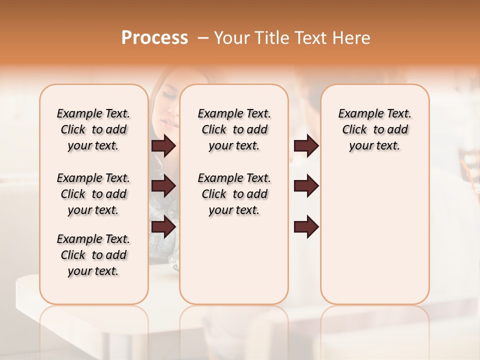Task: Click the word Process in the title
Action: click(x=154, y=38)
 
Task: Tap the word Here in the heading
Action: click(x=351, y=38)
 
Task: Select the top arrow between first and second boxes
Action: click(x=163, y=146)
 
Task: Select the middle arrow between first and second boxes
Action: click(x=163, y=186)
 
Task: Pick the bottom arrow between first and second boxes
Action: click(x=163, y=226)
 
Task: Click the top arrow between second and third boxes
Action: click(x=306, y=146)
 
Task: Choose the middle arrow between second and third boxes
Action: click(x=306, y=186)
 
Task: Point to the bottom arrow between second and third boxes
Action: click(x=306, y=226)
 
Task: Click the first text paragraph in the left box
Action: click(x=93, y=129)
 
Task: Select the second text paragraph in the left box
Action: click(x=93, y=194)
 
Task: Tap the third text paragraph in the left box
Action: click(x=93, y=255)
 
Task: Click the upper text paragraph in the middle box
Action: click(x=234, y=129)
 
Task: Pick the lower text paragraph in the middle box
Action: click(x=234, y=194)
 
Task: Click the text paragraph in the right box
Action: click(x=374, y=129)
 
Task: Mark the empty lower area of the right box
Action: click(x=374, y=240)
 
